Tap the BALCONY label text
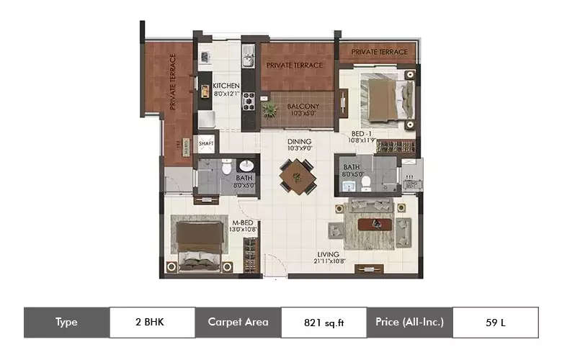[303, 108]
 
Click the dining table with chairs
[298, 176]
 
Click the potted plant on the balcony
[270, 110]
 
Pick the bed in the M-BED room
[199, 245]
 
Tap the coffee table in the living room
[375, 224]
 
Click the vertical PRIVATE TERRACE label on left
[173, 83]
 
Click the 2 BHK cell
[152, 323]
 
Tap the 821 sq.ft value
[324, 323]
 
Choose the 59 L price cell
[495, 323]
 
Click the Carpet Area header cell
[238, 323]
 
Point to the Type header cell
[66, 323]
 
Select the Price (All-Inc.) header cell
[409, 323]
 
